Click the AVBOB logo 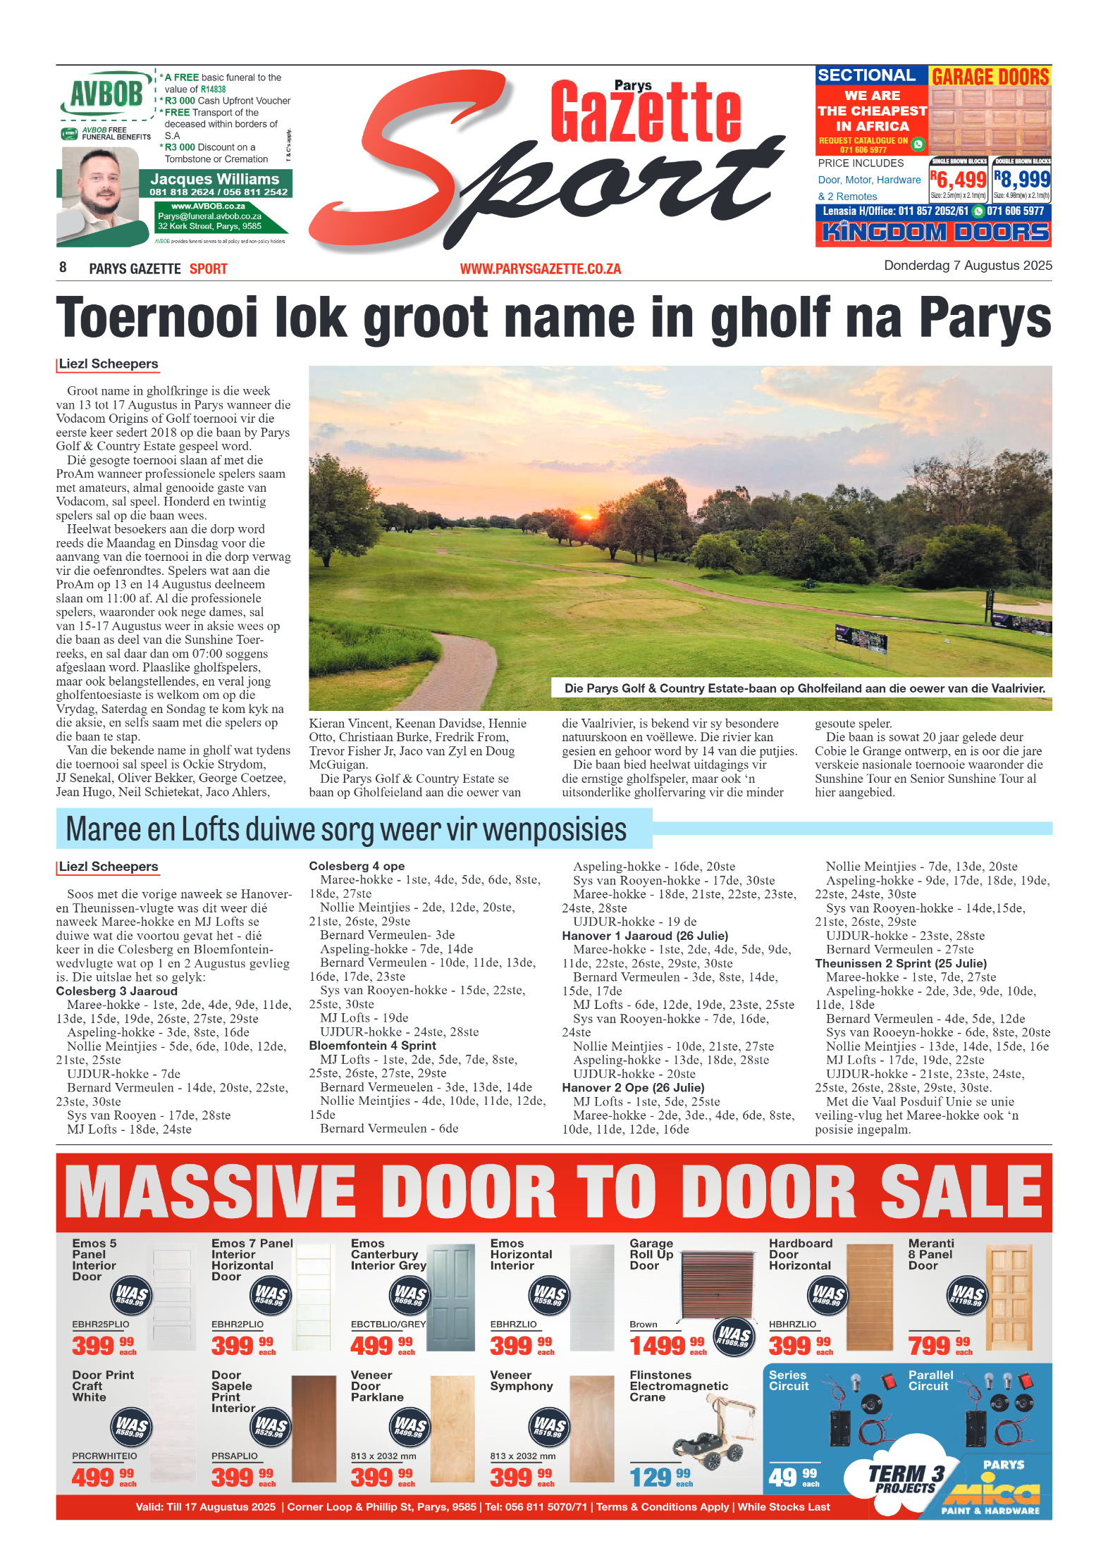point(106,94)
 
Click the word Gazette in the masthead point(645,113)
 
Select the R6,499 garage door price point(958,180)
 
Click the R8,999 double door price point(1021,180)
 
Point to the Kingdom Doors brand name point(935,233)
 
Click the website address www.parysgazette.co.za point(540,269)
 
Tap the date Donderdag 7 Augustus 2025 point(967,266)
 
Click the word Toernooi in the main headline point(157,318)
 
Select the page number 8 point(63,268)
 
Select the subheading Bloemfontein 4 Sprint point(372,1046)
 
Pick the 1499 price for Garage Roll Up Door point(658,1346)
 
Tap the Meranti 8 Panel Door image point(1009,1297)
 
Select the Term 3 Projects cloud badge point(906,1477)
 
